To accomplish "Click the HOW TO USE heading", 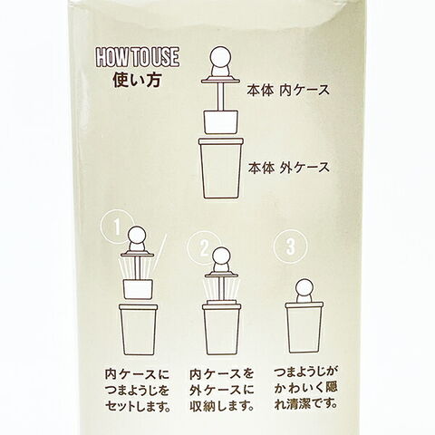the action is tap(138, 57).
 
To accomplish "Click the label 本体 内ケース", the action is tap(288, 91).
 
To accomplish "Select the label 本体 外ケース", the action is tap(289, 168).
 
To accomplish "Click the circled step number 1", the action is tap(117, 227).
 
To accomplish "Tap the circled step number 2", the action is tap(205, 248).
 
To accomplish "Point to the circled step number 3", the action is tap(290, 246).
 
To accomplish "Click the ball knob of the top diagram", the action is tap(220, 57).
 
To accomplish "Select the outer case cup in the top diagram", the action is tap(221, 169).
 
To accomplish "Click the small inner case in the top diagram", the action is tap(221, 122).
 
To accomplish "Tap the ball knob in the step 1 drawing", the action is tap(138, 237).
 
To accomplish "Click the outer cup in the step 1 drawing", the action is tap(139, 330).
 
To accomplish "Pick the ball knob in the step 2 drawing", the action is tap(221, 256).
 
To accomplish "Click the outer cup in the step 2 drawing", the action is tap(221, 329).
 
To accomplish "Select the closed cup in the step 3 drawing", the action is tap(304, 328).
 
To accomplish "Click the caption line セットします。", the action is tap(139, 407).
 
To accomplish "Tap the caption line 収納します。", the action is tap(222, 406).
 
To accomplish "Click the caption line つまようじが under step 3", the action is tap(305, 372).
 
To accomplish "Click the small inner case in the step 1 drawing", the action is tap(138, 289).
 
